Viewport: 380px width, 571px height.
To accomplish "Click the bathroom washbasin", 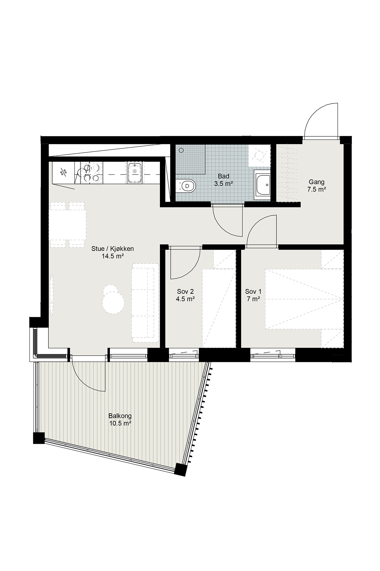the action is [x=263, y=185].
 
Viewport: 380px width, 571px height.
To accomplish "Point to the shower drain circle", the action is [x=181, y=150].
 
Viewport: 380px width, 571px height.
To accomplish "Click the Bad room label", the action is [x=224, y=176].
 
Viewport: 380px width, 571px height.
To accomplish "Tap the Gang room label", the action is [x=316, y=182].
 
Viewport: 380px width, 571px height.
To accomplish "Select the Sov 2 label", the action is [x=185, y=292].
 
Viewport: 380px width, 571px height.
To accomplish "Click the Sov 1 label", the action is [x=253, y=292].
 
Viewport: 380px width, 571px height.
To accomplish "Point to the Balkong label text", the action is [x=120, y=416].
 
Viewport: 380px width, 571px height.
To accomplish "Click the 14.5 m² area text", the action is [x=112, y=256].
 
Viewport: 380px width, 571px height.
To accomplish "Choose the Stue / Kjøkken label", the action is [x=112, y=249].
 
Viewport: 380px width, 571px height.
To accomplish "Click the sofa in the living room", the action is [x=145, y=303].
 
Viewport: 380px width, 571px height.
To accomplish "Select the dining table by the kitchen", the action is [x=68, y=225].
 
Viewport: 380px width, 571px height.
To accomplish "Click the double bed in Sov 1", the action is [x=304, y=299].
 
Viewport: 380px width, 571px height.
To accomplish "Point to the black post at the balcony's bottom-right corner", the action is [x=180, y=469].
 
